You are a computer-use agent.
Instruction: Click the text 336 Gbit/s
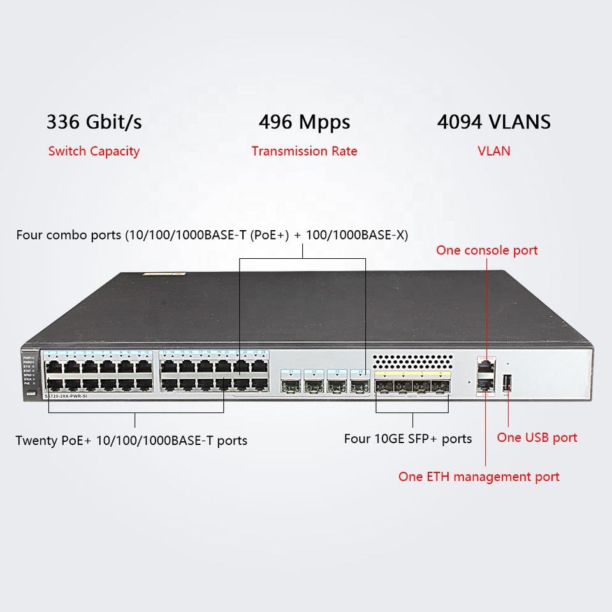pyautogui.click(x=94, y=122)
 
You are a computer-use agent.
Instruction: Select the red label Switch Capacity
pyautogui.click(x=94, y=151)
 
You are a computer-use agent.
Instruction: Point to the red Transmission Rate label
pyautogui.click(x=304, y=151)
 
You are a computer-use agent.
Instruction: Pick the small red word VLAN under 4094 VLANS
pyautogui.click(x=494, y=151)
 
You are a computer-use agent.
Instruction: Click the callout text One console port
pyautogui.click(x=486, y=250)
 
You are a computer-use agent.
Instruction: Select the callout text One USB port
pyautogui.click(x=537, y=437)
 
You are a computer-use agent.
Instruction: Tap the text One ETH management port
pyautogui.click(x=479, y=476)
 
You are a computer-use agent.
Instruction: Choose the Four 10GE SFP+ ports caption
pyautogui.click(x=408, y=439)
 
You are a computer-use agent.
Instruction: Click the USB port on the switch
pyautogui.click(x=507, y=382)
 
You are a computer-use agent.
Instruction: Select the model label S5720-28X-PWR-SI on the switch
pyautogui.click(x=71, y=397)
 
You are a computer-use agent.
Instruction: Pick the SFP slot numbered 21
pyautogui.click(x=291, y=384)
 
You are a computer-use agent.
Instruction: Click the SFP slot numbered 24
pyautogui.click(x=360, y=384)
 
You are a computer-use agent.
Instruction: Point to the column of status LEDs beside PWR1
pyautogui.click(x=36, y=368)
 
